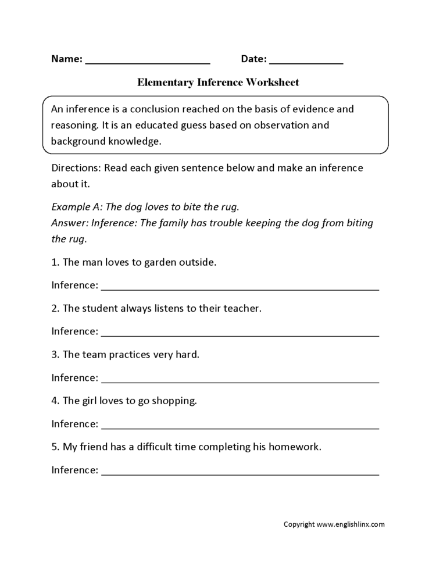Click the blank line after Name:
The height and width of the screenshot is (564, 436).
tap(148, 62)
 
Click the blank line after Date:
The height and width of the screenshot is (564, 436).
tap(306, 62)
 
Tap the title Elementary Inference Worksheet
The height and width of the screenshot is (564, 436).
tap(218, 83)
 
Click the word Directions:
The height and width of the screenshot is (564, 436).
tap(74, 168)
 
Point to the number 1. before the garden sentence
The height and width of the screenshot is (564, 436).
tap(55, 262)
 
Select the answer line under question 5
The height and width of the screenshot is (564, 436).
tap(240, 473)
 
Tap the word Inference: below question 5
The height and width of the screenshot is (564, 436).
tap(75, 470)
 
